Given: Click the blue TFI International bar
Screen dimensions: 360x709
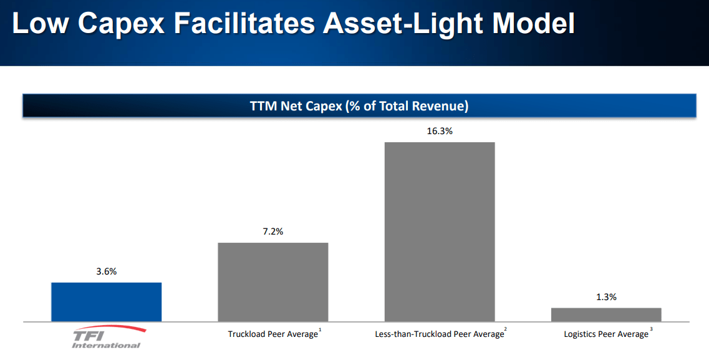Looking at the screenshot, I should pos(106,302).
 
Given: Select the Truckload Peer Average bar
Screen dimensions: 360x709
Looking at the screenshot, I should pos(273,282).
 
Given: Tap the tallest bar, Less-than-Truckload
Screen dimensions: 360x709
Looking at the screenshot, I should pos(440,232).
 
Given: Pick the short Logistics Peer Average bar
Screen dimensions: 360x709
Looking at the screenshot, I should pos(606,314).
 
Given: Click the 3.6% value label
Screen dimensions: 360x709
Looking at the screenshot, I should pos(106,271).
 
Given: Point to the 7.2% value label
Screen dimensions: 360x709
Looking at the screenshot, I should pos(273,231).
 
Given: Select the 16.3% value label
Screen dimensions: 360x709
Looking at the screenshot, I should pos(440,132).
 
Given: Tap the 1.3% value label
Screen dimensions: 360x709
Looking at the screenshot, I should pos(606,297).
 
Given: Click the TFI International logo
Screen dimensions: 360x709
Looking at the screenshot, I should pos(107,337).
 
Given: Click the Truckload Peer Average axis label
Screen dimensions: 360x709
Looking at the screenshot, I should pos(273,334).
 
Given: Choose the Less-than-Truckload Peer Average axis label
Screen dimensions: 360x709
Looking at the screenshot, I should pos(439,334).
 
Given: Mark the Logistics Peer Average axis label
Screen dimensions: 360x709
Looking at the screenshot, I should pos(605,334).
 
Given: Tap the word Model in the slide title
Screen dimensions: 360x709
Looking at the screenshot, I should pos(533,24).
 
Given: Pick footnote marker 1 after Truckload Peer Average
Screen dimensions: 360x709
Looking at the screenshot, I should pos(320,330).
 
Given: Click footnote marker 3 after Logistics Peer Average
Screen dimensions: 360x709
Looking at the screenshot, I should pos(651,330).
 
